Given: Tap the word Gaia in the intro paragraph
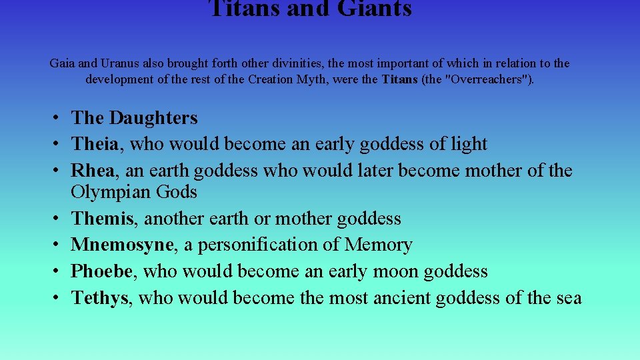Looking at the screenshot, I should [x=62, y=64].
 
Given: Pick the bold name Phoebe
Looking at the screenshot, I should [x=103, y=271].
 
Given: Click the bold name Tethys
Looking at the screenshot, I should [x=99, y=298].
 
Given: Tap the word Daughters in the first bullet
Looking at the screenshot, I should [x=153, y=118].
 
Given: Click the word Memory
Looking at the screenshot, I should [x=378, y=245].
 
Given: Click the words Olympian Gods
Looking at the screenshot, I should [x=134, y=192].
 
